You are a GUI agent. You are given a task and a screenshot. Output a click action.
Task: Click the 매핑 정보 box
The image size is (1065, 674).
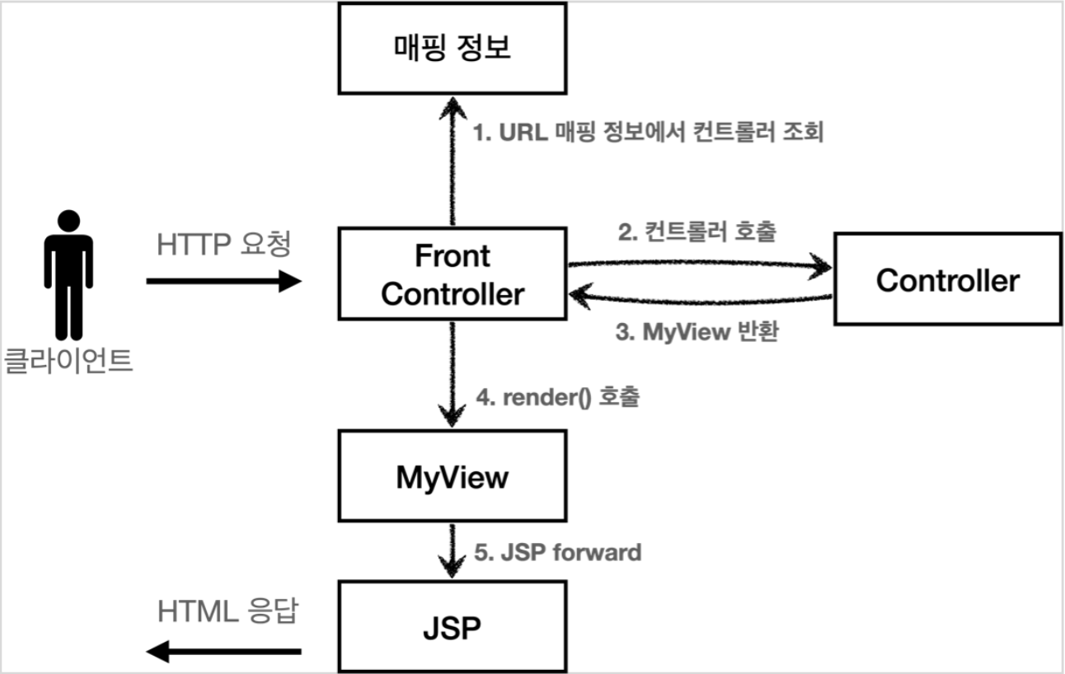(x=452, y=48)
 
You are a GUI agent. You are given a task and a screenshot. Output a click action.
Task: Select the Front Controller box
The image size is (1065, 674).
(x=452, y=275)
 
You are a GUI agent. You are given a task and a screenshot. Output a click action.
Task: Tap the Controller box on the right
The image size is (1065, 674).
(x=947, y=280)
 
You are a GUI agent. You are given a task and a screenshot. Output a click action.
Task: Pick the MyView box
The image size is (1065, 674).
(x=452, y=478)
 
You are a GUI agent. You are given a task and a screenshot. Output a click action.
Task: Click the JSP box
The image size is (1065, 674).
(x=452, y=627)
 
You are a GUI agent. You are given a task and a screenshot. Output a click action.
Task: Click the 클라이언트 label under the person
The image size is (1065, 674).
(x=68, y=361)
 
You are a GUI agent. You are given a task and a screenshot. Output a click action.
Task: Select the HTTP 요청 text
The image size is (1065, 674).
(x=224, y=245)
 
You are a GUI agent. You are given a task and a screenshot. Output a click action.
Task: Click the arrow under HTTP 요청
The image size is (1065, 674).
(x=224, y=282)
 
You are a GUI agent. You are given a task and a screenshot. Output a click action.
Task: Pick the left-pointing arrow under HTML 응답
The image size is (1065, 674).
(x=224, y=653)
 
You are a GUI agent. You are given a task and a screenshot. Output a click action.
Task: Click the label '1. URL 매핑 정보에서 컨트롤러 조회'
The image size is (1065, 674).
(x=648, y=133)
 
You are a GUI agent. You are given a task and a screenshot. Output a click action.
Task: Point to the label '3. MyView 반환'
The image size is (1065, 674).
(x=697, y=335)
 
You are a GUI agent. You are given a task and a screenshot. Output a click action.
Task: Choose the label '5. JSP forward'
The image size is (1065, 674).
(x=558, y=551)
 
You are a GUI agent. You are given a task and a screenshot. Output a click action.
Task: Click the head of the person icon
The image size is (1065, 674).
(x=68, y=221)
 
